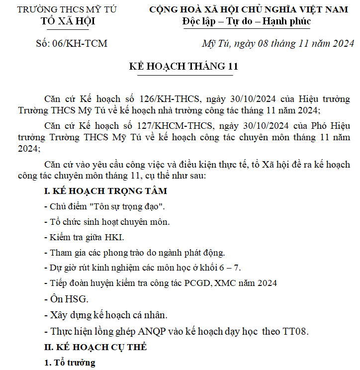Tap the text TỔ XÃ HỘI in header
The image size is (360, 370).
pyautogui.click(x=68, y=21)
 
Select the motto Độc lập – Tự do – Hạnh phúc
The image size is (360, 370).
pyautogui.click(x=246, y=21)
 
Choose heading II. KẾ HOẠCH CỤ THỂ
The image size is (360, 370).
pyautogui.click(x=95, y=347)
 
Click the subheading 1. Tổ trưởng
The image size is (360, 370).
pyautogui.click(x=70, y=363)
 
